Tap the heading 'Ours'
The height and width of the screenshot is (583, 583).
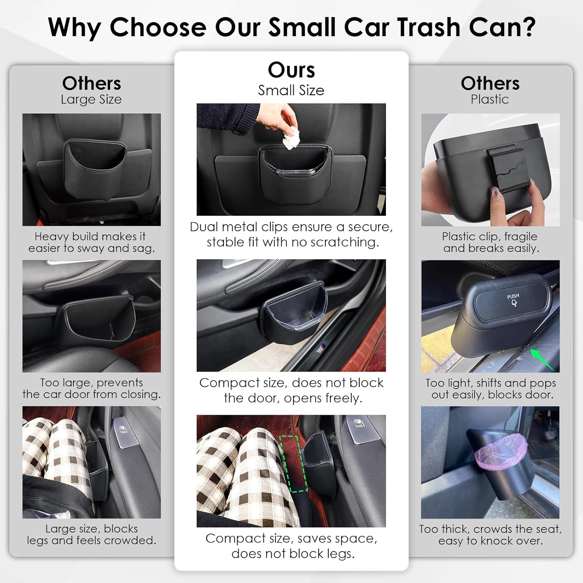point(291,70)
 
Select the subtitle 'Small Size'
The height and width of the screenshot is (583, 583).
point(291,90)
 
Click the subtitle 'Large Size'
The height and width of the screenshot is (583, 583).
point(91,99)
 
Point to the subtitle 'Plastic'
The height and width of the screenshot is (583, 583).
point(490,99)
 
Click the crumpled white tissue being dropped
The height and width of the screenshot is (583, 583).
point(291,139)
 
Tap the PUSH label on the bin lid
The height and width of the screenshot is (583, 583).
point(513,297)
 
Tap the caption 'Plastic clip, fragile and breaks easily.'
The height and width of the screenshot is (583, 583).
point(490,242)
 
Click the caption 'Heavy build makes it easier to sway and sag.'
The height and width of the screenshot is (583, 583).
point(91,242)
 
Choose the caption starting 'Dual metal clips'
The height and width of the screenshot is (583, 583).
point(291,234)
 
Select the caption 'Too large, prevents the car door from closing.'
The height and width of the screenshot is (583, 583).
point(91,388)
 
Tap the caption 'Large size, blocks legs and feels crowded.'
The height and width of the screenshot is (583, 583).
point(91,534)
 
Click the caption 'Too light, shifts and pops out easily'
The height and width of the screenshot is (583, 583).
point(490,389)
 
